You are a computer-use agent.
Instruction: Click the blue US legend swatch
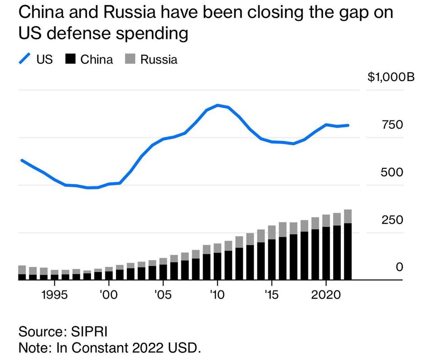(25, 59)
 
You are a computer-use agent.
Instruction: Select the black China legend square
(71, 59)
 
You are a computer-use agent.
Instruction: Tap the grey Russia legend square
(131, 59)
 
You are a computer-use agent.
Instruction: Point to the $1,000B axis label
(391, 77)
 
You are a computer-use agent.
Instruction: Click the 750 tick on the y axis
(392, 125)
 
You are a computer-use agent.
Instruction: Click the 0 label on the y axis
(399, 268)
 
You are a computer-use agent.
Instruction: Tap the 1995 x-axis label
(55, 295)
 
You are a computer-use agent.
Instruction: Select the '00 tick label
(108, 295)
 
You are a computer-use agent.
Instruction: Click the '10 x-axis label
(217, 295)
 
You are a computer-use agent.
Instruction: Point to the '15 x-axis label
(272, 295)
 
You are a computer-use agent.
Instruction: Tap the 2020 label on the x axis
(326, 295)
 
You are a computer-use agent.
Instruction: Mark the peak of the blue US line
(217, 105)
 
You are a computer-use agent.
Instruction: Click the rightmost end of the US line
(348, 125)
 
